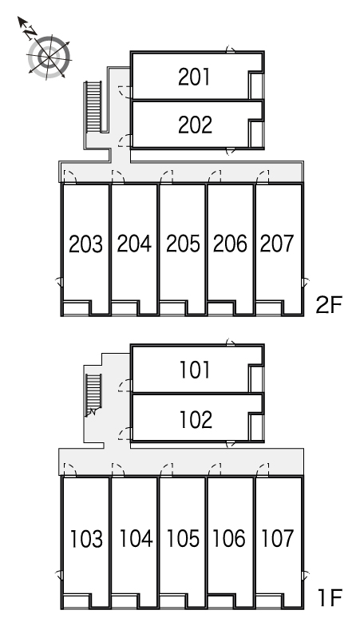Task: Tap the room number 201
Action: (194, 77)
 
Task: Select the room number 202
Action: (195, 125)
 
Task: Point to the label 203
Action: (85, 244)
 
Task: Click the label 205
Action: (183, 244)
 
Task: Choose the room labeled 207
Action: (277, 243)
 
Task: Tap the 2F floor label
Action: (330, 304)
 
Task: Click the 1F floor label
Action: (330, 597)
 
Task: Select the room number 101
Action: (195, 370)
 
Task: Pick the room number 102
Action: (196, 419)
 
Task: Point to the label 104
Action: (136, 538)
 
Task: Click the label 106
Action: (229, 538)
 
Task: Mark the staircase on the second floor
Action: (93, 106)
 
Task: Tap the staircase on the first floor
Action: (93, 395)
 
